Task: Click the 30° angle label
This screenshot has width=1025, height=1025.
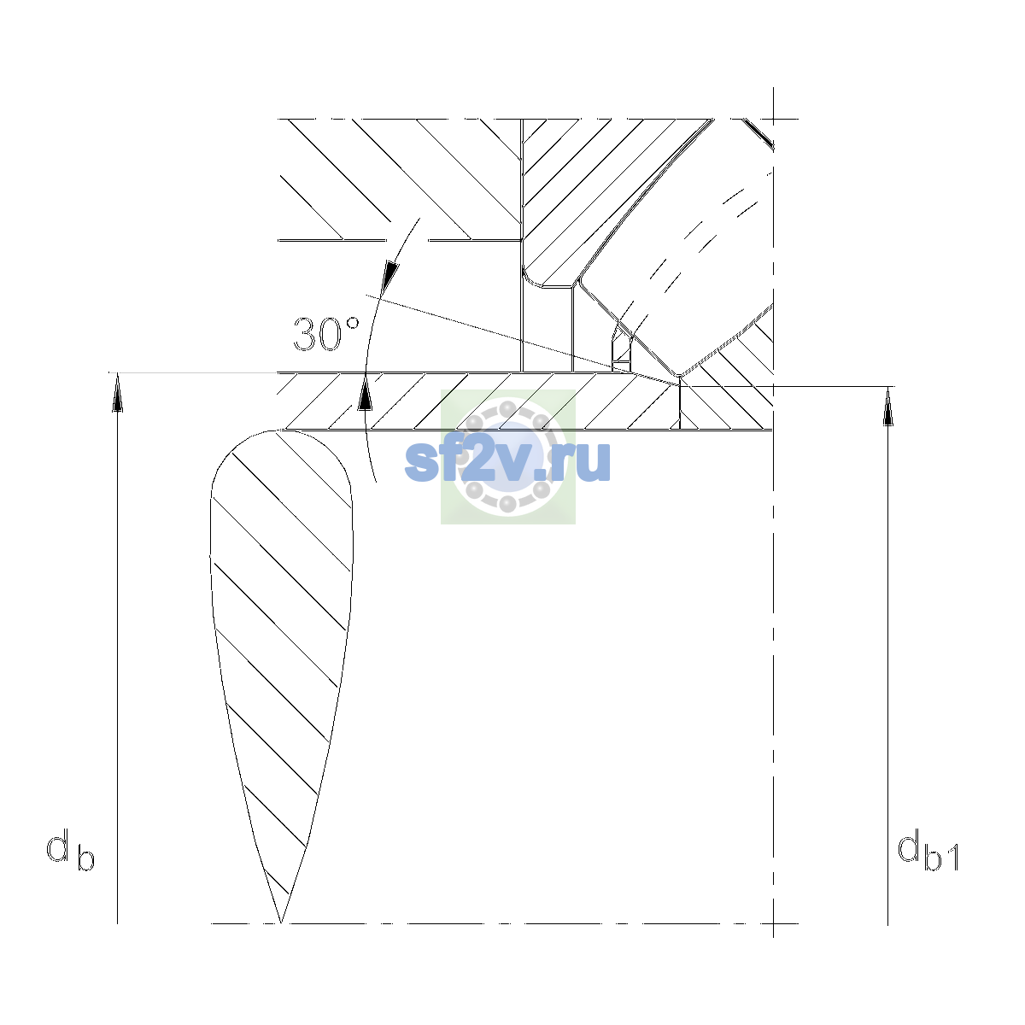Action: [x=326, y=334]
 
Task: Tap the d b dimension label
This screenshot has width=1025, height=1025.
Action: [x=71, y=849]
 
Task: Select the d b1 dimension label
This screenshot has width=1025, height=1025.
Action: [x=928, y=849]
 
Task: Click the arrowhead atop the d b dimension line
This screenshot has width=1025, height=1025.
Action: [x=118, y=392]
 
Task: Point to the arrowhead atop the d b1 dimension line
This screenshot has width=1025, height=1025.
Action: [x=887, y=407]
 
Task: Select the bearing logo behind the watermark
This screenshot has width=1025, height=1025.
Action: [x=508, y=457]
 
